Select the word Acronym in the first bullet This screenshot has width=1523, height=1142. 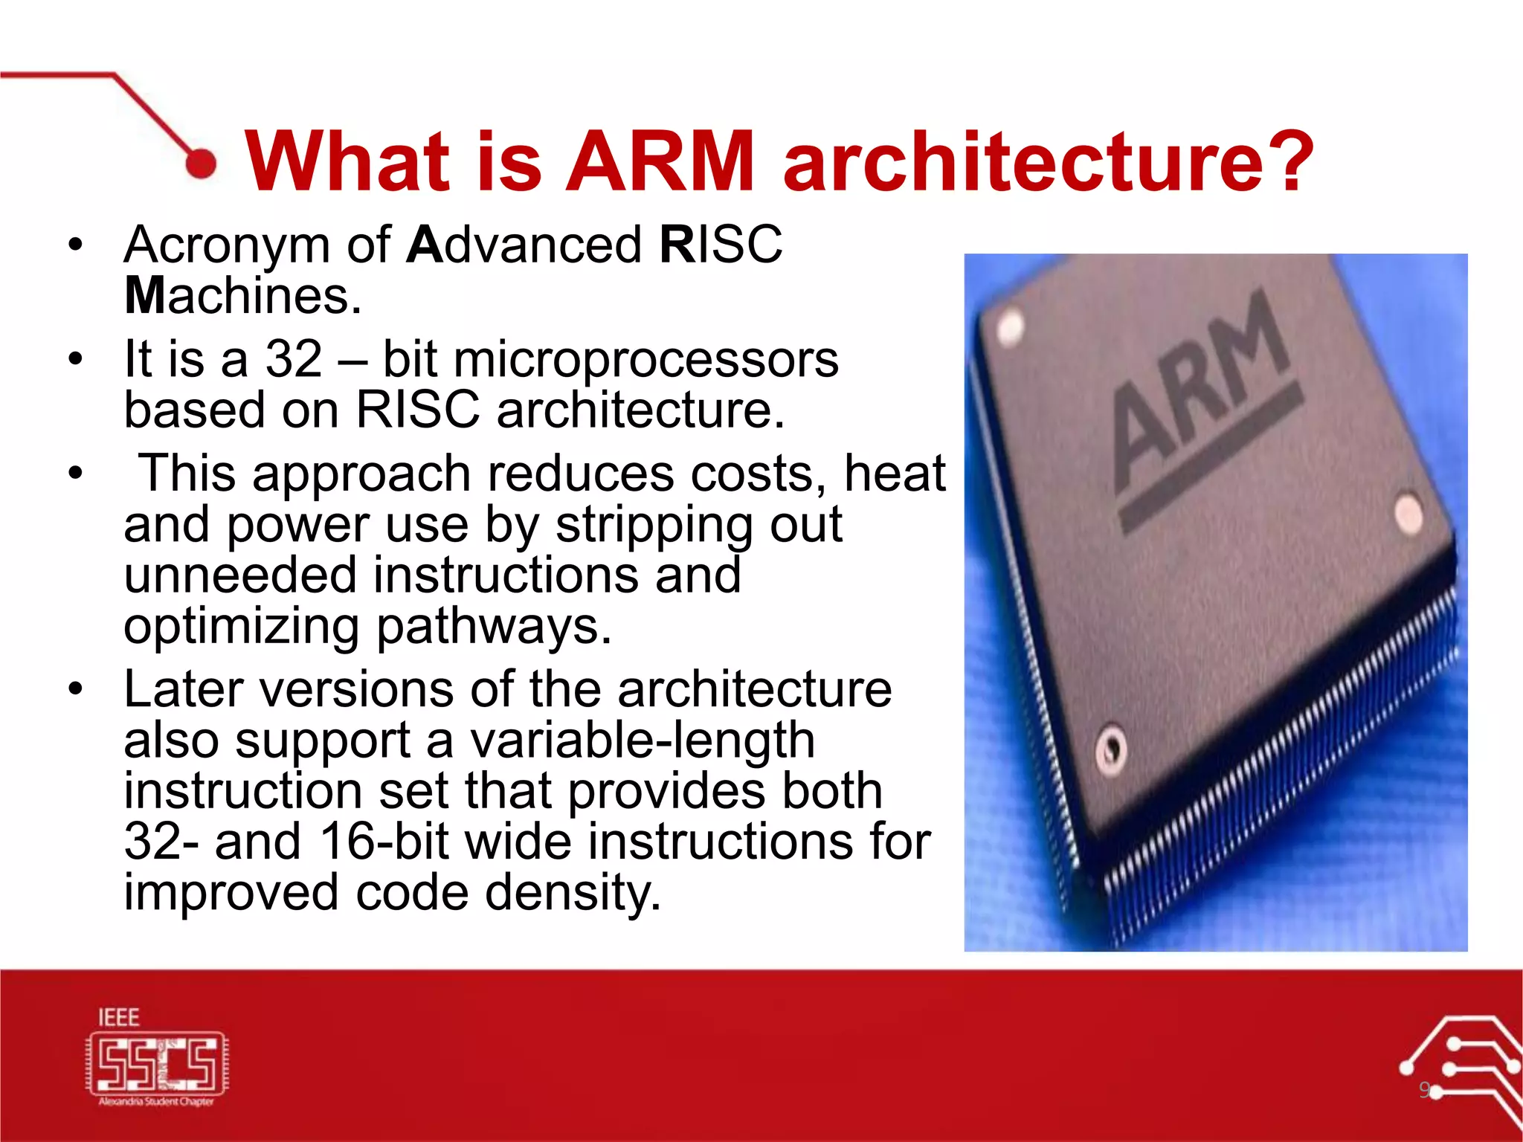pyautogui.click(x=227, y=245)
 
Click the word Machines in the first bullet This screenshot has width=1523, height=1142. pyautogui.click(x=242, y=296)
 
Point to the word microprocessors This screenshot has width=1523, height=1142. pyautogui.click(x=645, y=360)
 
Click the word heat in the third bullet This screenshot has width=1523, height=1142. pyautogui.click(x=895, y=474)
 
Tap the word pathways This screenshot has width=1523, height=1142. pyautogui.click(x=494, y=627)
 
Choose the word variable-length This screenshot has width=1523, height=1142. pyautogui.click(x=643, y=741)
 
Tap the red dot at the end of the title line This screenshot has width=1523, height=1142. pyautogui.click(x=200, y=163)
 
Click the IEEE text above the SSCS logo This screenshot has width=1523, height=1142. pyautogui.click(x=119, y=1017)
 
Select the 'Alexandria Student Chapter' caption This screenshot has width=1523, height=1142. pyautogui.click(x=156, y=1102)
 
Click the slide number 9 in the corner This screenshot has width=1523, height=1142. pyautogui.click(x=1423, y=1090)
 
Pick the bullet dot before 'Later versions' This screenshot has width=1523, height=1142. pyautogui.click(x=75, y=689)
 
